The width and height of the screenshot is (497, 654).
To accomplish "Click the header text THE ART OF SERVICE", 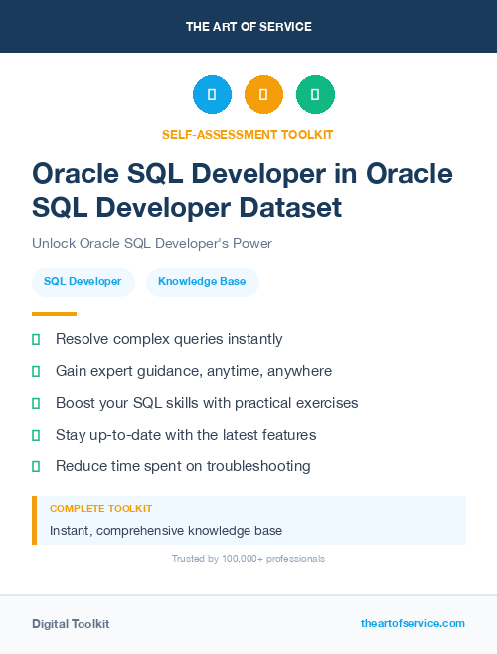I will click(248, 26).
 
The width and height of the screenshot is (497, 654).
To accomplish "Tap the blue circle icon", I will click(212, 95).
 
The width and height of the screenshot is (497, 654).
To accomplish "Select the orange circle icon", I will click(263, 95).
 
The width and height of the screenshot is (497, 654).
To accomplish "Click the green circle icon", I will click(315, 95).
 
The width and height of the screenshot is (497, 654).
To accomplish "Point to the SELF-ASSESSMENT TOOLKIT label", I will click(248, 134).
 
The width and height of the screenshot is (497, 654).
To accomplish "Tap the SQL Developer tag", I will click(83, 282).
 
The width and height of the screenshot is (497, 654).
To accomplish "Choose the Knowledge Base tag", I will click(202, 282).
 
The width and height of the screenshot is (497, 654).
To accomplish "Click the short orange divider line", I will click(54, 314).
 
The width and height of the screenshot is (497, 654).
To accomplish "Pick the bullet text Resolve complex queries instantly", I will click(169, 339).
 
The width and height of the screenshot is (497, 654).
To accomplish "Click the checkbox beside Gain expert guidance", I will click(36, 371).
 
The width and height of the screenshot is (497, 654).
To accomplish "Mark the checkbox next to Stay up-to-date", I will click(36, 435).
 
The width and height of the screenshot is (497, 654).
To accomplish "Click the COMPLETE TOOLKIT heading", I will click(100, 508).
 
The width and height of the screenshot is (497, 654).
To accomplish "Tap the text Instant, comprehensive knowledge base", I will click(166, 530).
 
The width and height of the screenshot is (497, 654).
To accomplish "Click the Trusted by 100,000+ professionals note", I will click(248, 559).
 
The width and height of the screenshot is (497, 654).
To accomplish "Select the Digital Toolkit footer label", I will click(71, 623).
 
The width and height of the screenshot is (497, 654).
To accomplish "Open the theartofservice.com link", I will click(413, 623).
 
